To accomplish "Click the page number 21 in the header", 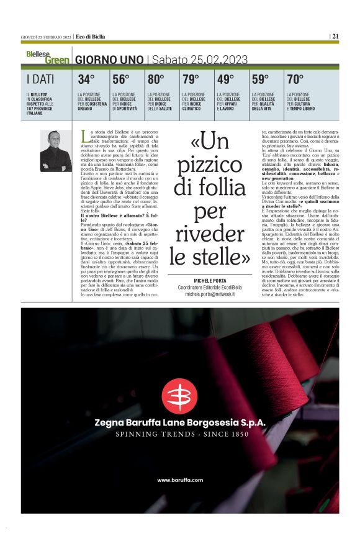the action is (x=335, y=37).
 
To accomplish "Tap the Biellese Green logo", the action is (x=47, y=58).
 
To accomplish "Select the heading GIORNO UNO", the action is (x=109, y=60).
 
